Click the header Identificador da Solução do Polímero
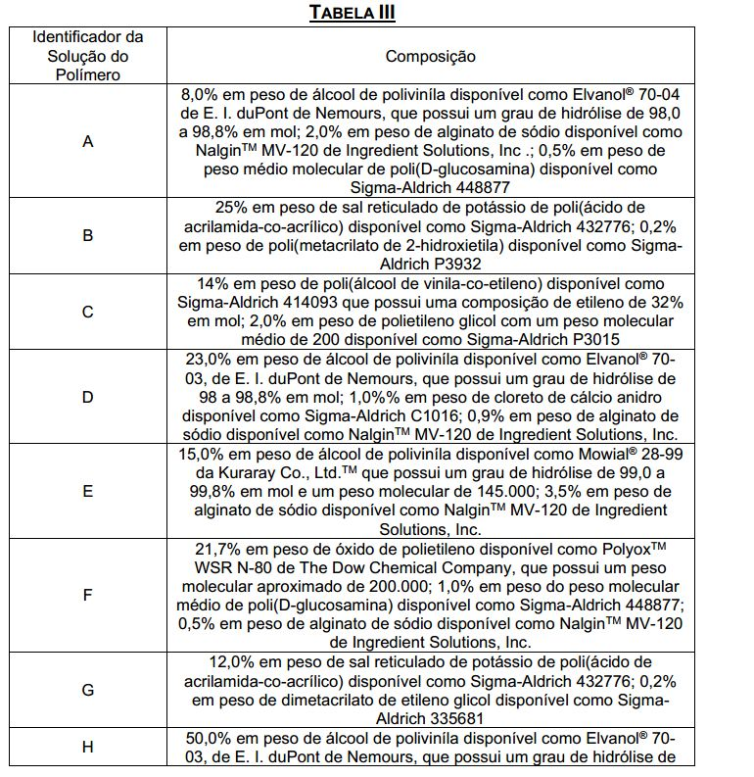88,56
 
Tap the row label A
88,142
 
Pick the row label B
88,235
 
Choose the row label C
88,312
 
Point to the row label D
88,397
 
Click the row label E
88,492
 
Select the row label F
88,595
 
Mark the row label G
88,690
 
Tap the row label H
88,747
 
